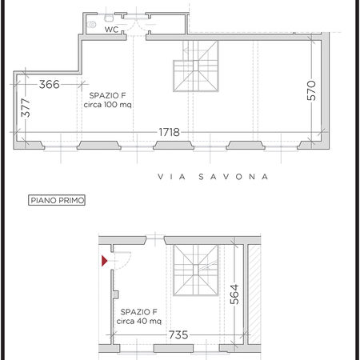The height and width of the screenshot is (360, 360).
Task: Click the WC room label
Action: [111, 30]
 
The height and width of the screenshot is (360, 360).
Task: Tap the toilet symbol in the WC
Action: [91, 25]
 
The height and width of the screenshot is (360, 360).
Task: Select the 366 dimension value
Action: [50, 85]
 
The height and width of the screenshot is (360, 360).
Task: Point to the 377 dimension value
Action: [26, 107]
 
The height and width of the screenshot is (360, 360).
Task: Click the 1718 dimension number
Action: [170, 132]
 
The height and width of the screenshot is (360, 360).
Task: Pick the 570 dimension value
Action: [311, 90]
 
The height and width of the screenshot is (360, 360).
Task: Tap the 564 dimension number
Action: [234, 294]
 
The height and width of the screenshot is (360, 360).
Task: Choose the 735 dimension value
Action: [178, 335]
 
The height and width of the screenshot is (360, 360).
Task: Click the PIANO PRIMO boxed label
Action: [57, 200]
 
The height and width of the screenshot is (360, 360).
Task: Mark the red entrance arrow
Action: [104, 261]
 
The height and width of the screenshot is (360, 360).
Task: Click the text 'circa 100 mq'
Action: [107, 105]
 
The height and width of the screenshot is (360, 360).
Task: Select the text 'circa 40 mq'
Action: [139, 321]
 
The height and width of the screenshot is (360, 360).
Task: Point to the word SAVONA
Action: [234, 177]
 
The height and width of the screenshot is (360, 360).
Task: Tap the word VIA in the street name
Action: [172, 177]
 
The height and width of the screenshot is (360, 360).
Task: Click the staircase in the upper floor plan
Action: [196, 66]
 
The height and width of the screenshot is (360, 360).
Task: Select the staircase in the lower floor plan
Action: [196, 270]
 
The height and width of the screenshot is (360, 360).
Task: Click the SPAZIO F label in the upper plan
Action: [107, 95]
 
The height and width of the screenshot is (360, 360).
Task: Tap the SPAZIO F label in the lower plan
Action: [139, 312]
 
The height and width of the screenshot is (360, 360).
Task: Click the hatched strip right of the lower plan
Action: [254, 294]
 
